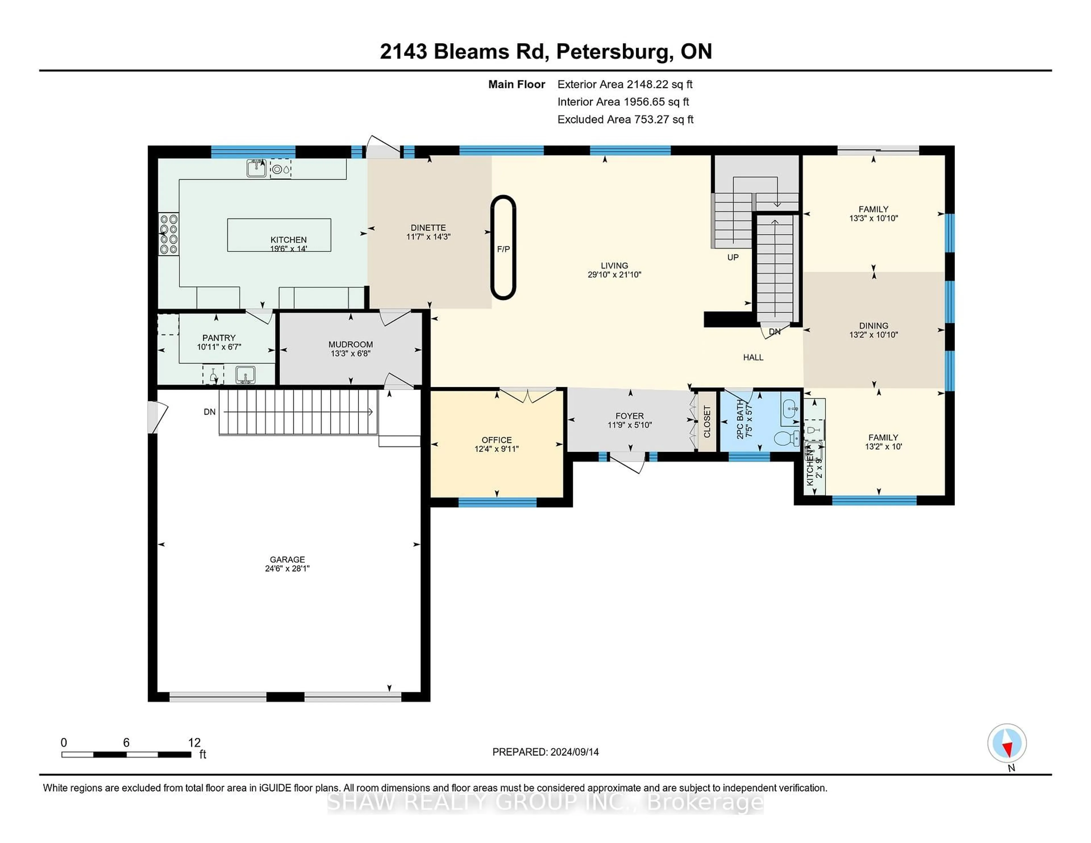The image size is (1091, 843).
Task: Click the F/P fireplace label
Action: (x=503, y=249)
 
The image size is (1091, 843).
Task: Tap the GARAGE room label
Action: (x=287, y=559)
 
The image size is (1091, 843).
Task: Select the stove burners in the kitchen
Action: (x=168, y=234)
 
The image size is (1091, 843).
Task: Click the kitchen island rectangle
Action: (x=279, y=234)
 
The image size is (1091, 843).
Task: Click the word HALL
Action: (x=753, y=357)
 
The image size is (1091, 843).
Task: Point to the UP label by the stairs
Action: (x=732, y=257)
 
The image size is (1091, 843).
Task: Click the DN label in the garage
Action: (x=209, y=412)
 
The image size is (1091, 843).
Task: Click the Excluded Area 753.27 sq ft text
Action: (x=625, y=119)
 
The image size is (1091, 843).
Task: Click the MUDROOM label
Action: (x=350, y=344)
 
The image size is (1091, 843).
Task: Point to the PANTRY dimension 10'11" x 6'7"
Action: (x=219, y=347)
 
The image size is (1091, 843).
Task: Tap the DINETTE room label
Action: (x=428, y=227)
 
